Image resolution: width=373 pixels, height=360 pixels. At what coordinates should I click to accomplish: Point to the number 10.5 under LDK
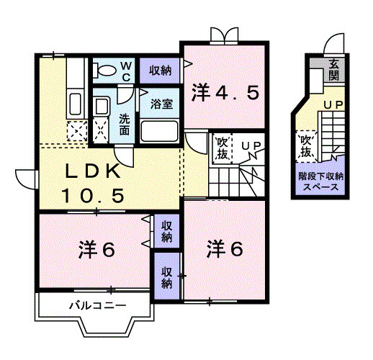click(x=93, y=195)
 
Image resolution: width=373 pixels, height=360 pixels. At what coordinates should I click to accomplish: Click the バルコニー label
click(x=97, y=305)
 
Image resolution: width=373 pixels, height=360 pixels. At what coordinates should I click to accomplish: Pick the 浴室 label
click(x=161, y=104)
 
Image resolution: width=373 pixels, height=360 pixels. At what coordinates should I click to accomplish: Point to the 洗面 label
click(x=124, y=125)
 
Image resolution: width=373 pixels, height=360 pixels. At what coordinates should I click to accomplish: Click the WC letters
click(x=124, y=70)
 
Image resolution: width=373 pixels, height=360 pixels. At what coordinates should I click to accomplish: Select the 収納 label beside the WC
click(x=160, y=70)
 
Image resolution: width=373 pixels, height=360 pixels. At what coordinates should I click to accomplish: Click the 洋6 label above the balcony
click(x=96, y=250)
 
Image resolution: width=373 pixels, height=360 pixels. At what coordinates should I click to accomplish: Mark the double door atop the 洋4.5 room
click(x=223, y=35)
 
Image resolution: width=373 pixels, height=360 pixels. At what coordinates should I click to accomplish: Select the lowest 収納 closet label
click(x=167, y=277)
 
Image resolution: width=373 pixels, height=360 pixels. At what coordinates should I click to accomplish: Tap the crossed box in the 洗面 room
click(x=104, y=130)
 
